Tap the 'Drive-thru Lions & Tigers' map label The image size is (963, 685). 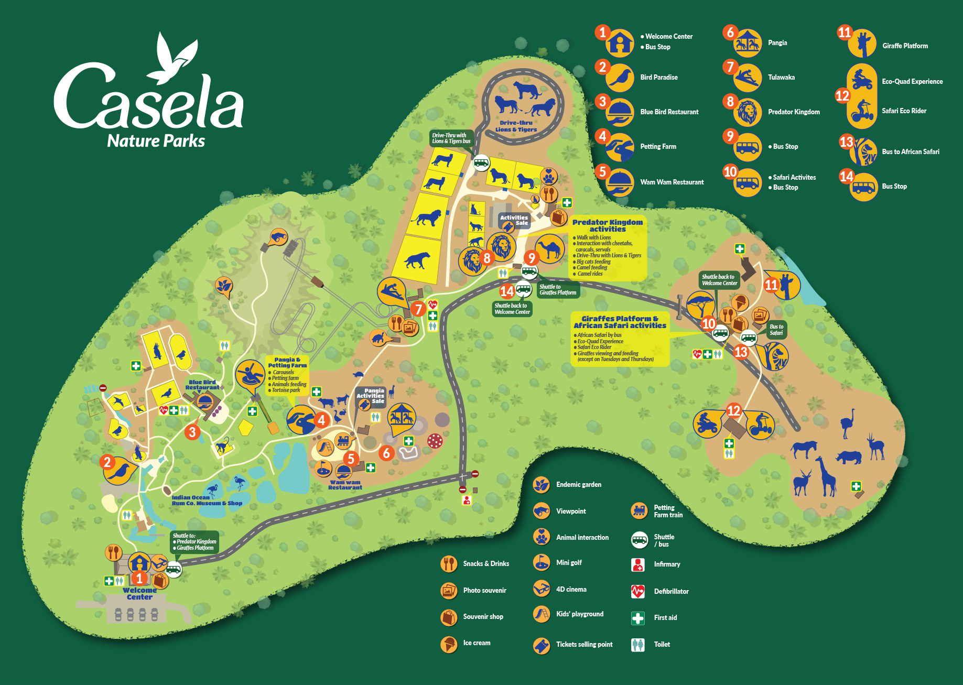pyautogui.click(x=516, y=126)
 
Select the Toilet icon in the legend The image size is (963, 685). pyautogui.click(x=638, y=645)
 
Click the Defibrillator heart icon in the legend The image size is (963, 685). pyautogui.click(x=638, y=591)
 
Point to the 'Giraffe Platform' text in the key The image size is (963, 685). pyautogui.click(x=905, y=46)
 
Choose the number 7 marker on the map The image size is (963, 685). pyautogui.click(x=418, y=309)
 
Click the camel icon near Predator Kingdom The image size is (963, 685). pyautogui.click(x=549, y=249)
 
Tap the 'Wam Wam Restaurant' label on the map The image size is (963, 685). pyautogui.click(x=345, y=485)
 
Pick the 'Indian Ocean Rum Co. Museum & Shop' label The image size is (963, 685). pyautogui.click(x=207, y=501)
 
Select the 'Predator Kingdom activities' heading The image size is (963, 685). pyautogui.click(x=608, y=225)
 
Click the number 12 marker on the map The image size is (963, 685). pyautogui.click(x=733, y=410)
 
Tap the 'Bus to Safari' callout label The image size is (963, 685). pyautogui.click(x=776, y=330)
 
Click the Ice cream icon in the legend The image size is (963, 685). pyautogui.click(x=449, y=644)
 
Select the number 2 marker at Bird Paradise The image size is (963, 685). pyautogui.click(x=107, y=462)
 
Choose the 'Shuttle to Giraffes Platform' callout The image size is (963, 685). pyautogui.click(x=558, y=290)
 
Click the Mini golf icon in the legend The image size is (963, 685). pyautogui.click(x=541, y=562)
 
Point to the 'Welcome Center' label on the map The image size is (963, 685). pyautogui.click(x=139, y=593)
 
